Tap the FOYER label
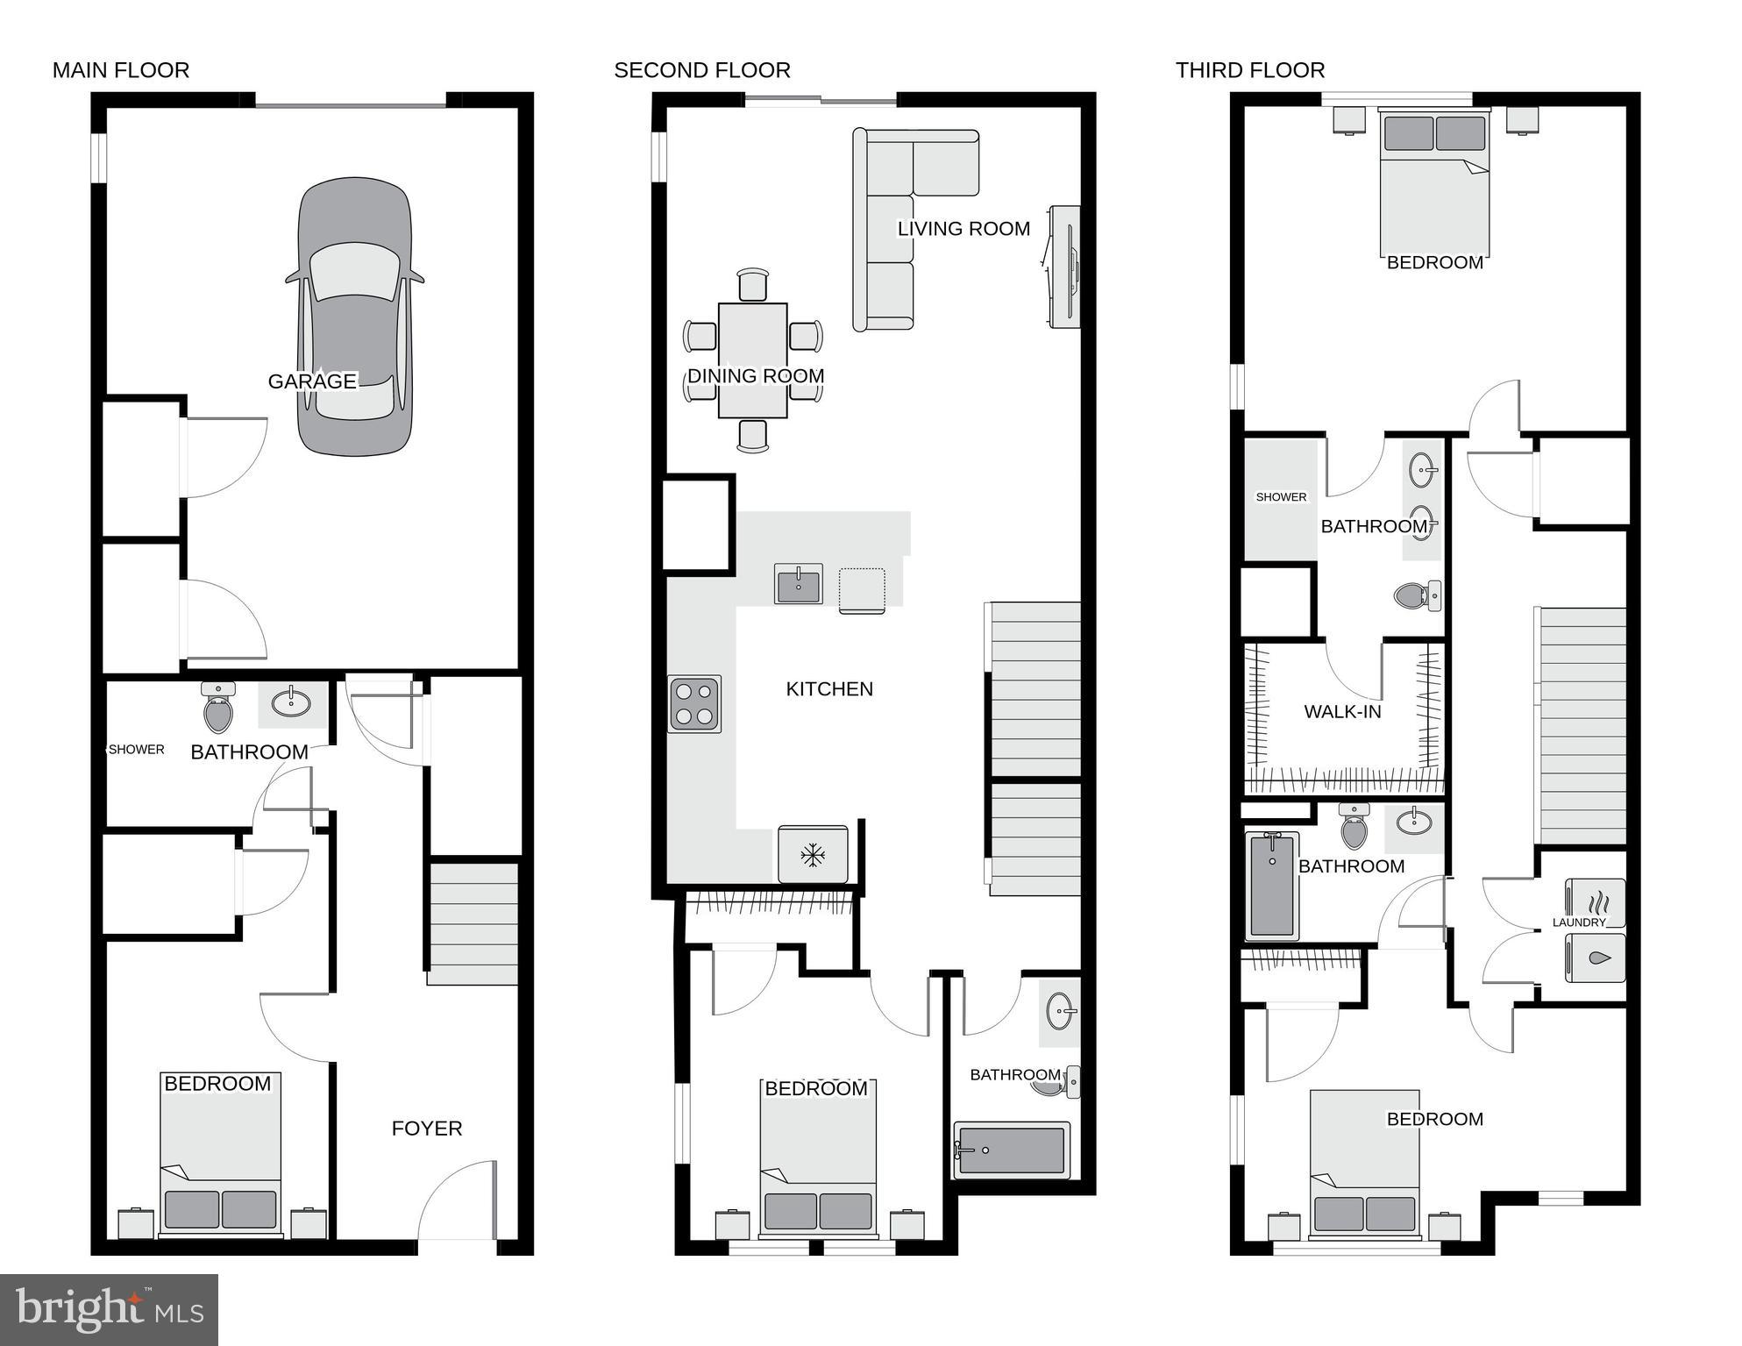click(426, 1129)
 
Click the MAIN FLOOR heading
click(121, 70)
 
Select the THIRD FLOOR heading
click(1249, 70)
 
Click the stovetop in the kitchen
click(694, 704)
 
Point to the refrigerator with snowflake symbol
click(813, 855)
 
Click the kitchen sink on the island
click(798, 584)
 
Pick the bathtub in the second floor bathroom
click(1012, 1150)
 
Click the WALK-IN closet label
click(1341, 712)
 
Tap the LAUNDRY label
click(1578, 922)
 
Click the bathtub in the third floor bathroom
click(1271, 886)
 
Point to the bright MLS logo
click(109, 1310)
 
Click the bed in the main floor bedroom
click(220, 1157)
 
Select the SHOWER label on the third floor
click(1281, 497)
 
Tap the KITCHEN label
click(828, 689)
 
